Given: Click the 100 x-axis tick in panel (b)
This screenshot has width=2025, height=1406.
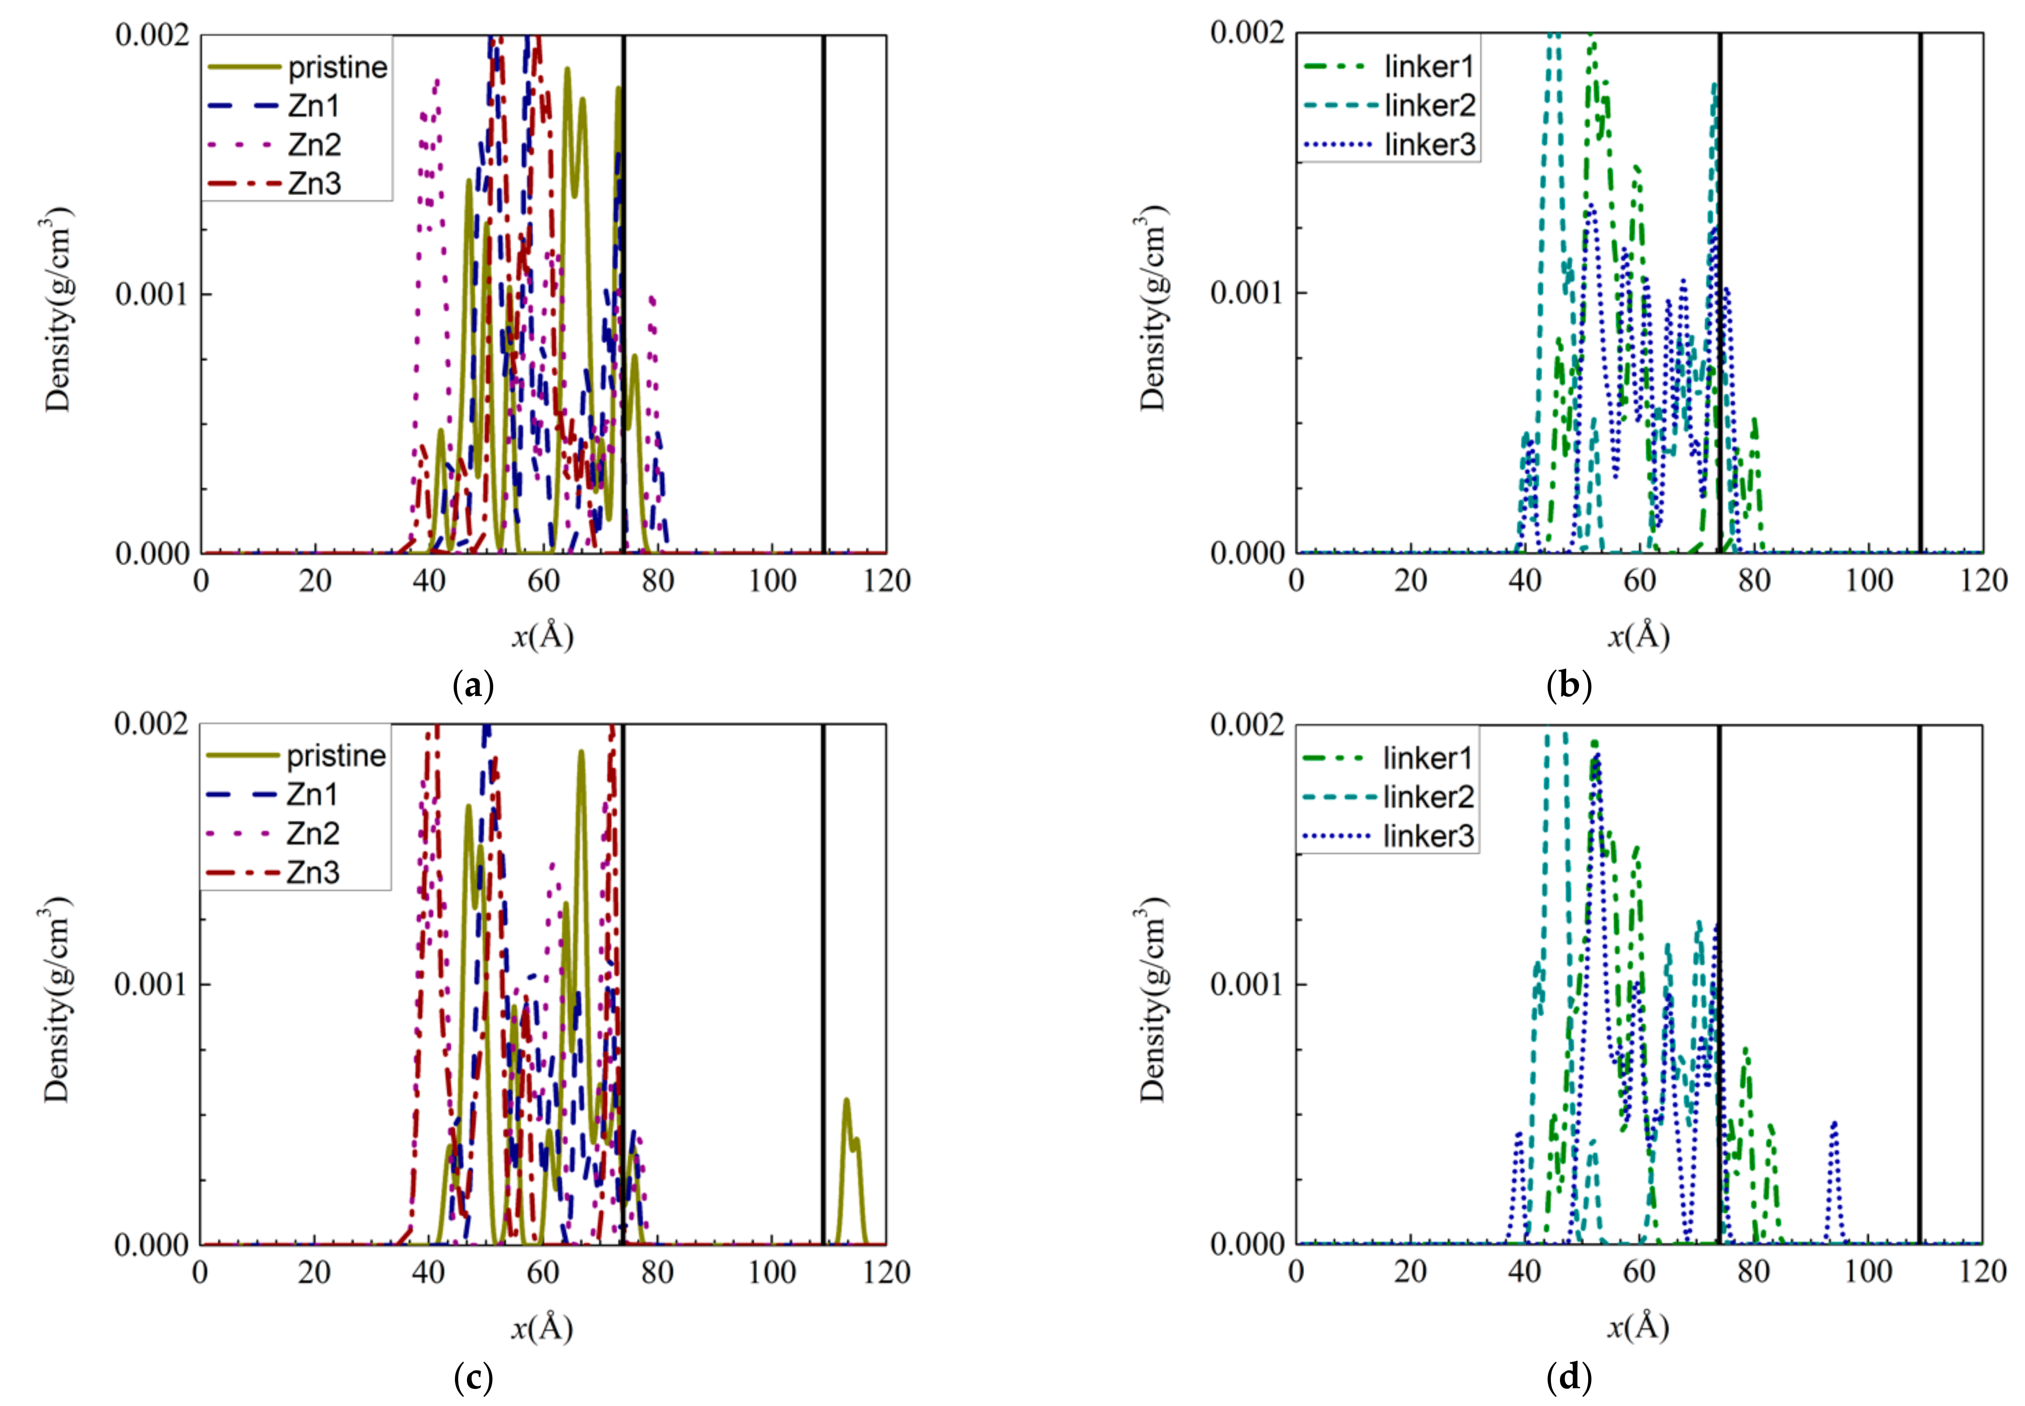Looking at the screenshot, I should point(1868,580).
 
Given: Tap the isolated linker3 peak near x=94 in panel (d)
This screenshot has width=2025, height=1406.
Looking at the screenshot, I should point(1834,1127).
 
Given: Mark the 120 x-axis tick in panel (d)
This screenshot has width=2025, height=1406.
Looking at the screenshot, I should point(1983,1271).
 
